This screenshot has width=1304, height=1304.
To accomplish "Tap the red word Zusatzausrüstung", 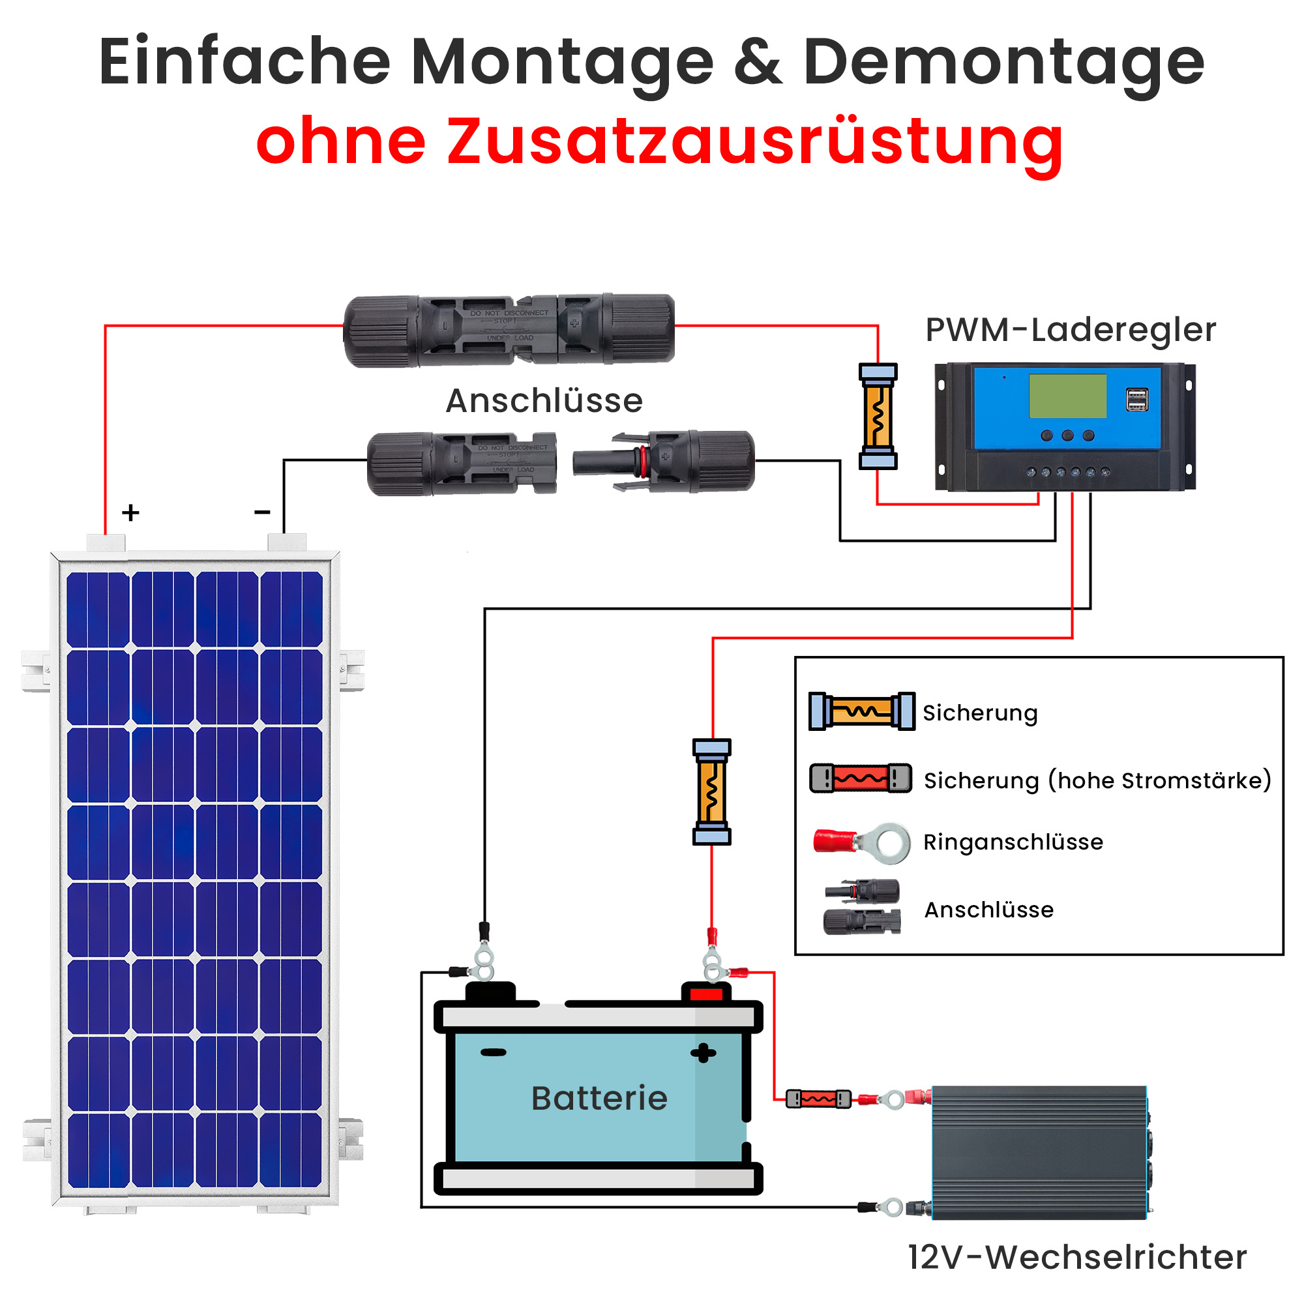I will point(754,141).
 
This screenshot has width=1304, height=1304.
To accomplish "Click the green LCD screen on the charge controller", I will point(1067,396).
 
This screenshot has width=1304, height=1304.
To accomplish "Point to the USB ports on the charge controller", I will point(1136,399).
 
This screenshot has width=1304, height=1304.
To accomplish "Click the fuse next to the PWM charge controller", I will point(878,416).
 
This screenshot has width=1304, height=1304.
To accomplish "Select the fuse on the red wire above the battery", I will point(711,791).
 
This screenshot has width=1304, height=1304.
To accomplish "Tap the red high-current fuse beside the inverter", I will point(818,1099).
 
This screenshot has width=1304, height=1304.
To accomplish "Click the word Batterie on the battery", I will point(599,1098).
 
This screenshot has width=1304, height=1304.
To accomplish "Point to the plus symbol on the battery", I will point(703,1053).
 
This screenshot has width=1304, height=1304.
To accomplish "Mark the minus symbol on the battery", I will point(493,1052).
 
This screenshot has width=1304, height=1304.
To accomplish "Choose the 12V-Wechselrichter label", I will point(1076,1257).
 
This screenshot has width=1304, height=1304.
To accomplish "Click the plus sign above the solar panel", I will point(131,513).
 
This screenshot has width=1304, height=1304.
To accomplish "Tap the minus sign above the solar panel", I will point(262,513).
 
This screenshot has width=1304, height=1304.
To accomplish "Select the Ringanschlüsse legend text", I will point(1013,842).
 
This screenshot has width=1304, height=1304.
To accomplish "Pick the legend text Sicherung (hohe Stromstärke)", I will point(1097,780).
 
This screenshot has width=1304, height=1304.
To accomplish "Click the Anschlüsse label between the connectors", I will point(544,401).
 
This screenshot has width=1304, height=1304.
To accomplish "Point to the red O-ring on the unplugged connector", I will point(644,461).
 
